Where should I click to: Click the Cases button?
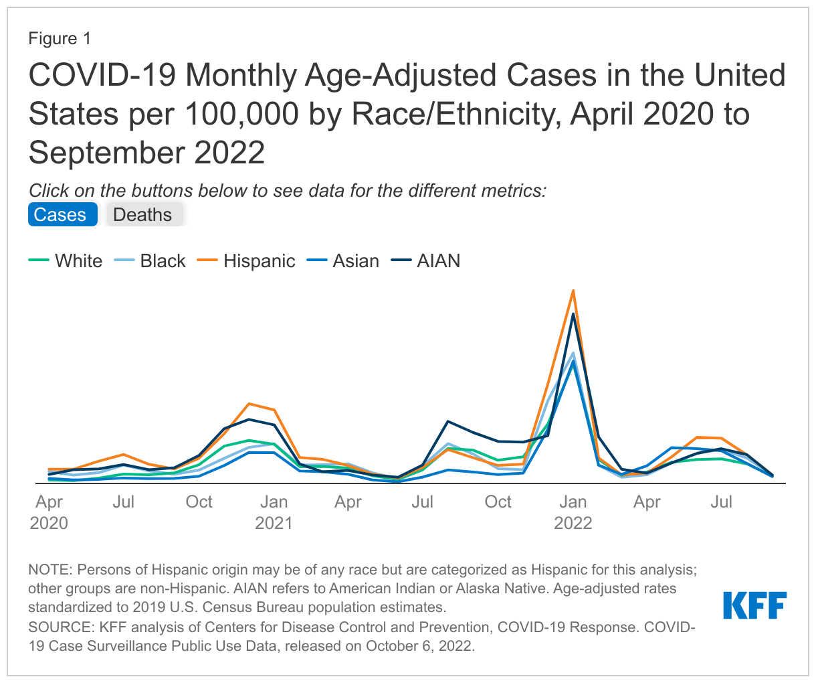point(62,215)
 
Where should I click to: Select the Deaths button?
point(142,215)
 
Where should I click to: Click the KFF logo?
point(754,605)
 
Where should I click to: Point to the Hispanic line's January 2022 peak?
point(573,291)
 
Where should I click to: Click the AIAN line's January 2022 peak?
point(573,314)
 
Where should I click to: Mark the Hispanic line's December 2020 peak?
point(249,404)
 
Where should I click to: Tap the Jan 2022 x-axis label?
point(573,512)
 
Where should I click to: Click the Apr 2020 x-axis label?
point(49,512)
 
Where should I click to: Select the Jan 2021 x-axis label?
point(274,512)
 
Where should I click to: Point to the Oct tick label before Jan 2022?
point(498,502)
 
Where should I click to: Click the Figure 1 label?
point(60,39)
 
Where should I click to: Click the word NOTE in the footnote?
point(50,570)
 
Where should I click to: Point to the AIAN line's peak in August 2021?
point(448,421)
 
